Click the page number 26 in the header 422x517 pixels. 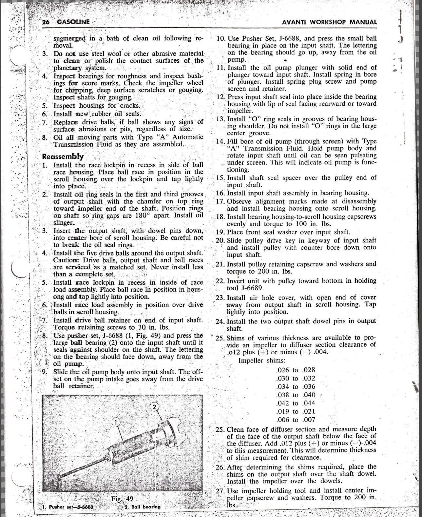click(46, 22)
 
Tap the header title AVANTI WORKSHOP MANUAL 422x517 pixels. click(329, 22)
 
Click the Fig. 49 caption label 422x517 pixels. click(122, 499)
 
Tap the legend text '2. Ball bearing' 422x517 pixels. click(143, 507)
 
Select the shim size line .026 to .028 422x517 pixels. click(296, 370)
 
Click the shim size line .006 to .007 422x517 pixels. click(296, 420)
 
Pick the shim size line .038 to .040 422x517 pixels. click(296, 395)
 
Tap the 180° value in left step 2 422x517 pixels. click(142, 216)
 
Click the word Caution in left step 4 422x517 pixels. click(65, 260)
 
